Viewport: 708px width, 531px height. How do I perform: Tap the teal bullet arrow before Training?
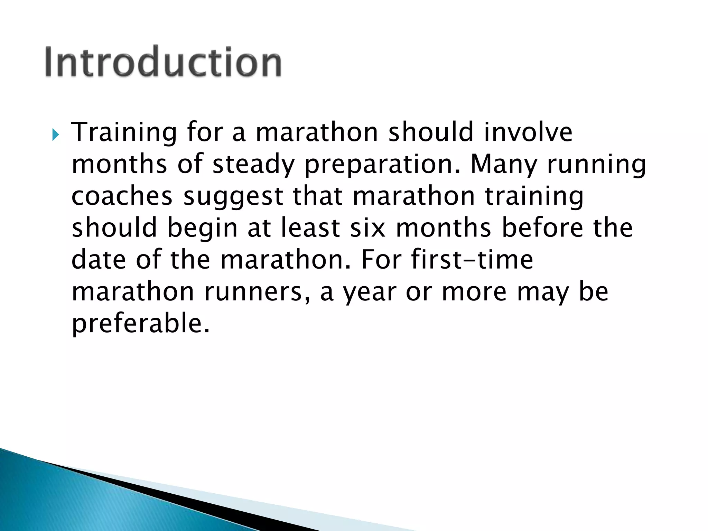(55, 134)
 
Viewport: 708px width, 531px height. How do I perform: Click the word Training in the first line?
(124, 133)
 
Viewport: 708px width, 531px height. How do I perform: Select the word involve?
(528, 132)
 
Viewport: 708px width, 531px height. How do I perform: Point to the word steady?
(253, 165)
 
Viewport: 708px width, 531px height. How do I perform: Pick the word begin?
(202, 229)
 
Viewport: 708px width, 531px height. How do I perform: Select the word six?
(367, 228)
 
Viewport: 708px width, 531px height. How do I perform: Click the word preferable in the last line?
(140, 324)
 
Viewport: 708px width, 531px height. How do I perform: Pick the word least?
(310, 228)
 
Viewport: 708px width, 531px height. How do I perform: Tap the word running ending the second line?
(596, 165)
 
